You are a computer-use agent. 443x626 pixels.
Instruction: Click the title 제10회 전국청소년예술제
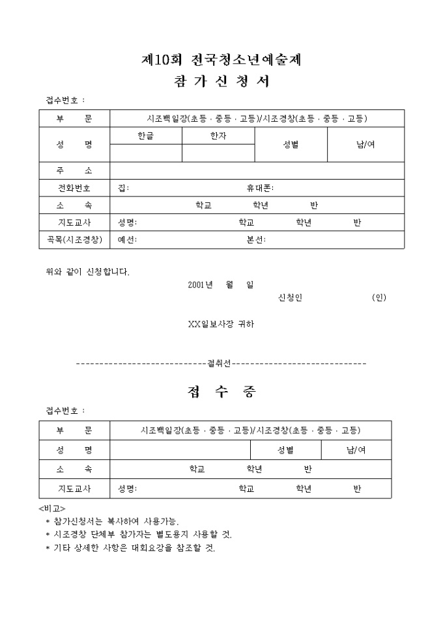point(221,60)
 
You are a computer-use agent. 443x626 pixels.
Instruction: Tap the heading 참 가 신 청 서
point(221,81)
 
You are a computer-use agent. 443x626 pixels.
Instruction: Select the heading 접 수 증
point(221,392)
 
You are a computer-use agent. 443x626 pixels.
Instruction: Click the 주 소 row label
point(74,171)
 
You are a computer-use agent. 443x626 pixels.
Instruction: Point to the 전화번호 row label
point(74,188)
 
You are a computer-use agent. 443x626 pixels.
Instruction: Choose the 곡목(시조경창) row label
point(74,239)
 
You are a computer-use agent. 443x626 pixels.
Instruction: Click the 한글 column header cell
point(145,136)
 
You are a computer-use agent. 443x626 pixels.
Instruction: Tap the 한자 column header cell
point(218,136)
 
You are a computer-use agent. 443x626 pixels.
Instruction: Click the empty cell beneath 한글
point(146,153)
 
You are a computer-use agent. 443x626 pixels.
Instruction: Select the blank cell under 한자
point(218,153)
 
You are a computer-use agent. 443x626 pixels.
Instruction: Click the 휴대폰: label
point(260,188)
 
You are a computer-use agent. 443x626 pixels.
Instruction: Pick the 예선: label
point(127,239)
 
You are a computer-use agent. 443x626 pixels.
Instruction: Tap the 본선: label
point(256,239)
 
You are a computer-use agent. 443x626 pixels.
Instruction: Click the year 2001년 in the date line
point(200,284)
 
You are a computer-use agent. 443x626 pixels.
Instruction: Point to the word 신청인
point(290,297)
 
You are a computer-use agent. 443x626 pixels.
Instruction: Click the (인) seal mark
point(379,297)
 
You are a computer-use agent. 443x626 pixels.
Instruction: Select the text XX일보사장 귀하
point(221,324)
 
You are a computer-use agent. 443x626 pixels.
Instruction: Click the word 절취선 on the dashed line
point(219,363)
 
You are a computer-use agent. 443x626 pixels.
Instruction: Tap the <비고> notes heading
point(52,508)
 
